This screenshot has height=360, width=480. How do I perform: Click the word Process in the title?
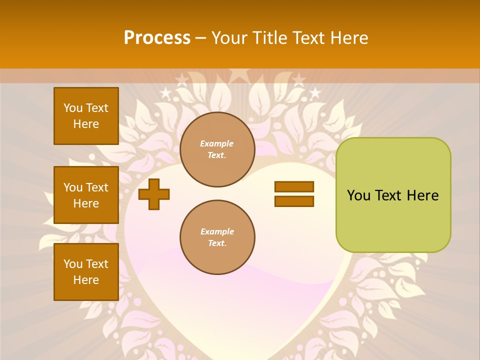click(x=157, y=38)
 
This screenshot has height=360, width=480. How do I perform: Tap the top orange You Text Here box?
click(x=86, y=116)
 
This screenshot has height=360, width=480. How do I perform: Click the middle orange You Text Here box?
click(x=86, y=195)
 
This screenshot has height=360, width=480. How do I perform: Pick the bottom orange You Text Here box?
click(x=86, y=272)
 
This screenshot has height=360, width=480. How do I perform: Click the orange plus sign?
click(x=154, y=194)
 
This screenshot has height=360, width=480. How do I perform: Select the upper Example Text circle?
click(x=217, y=149)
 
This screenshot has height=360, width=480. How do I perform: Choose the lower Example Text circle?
click(x=217, y=237)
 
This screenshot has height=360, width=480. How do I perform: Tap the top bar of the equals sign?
click(x=294, y=186)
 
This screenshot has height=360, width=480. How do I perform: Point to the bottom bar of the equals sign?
click(x=294, y=201)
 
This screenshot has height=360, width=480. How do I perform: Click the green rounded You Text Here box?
click(x=393, y=195)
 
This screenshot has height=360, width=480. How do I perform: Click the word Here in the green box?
click(x=422, y=195)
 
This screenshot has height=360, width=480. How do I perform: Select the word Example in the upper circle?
click(x=217, y=143)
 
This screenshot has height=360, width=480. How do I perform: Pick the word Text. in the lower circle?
click(x=217, y=243)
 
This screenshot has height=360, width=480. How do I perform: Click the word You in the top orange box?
click(x=73, y=108)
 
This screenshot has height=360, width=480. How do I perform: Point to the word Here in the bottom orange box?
click(x=86, y=280)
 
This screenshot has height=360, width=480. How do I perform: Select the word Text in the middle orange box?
click(x=97, y=187)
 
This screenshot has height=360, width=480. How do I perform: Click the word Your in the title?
click(x=230, y=38)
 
